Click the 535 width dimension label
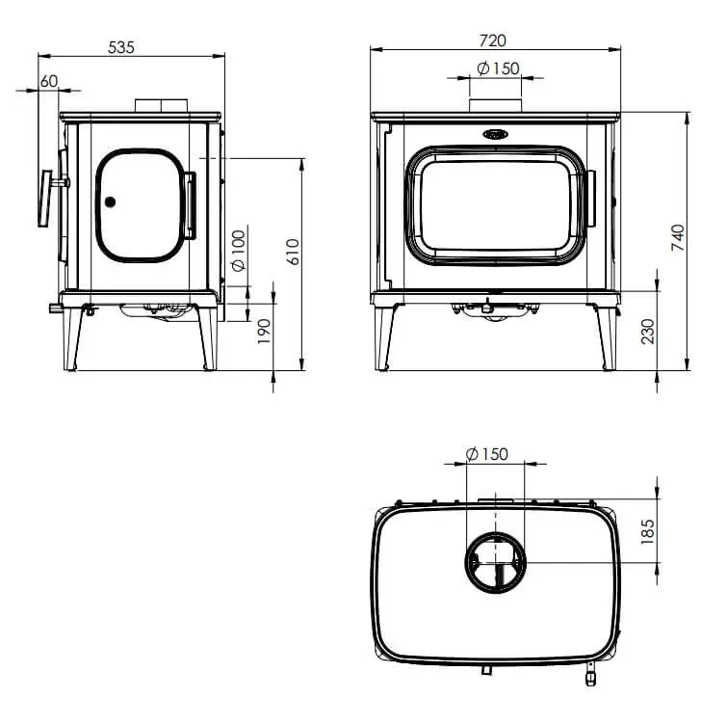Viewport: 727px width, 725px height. pos(121,47)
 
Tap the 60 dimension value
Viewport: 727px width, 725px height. pos(49,81)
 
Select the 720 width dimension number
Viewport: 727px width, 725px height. pos(492,40)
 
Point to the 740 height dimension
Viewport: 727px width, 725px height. pos(678,237)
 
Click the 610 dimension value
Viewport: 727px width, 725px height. pos(293,252)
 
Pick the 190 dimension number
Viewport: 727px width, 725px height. pos(264,332)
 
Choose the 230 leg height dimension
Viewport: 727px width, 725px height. pos(648,332)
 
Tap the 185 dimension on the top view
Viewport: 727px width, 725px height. pos(647,532)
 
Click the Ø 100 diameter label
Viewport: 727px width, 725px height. pos(238,251)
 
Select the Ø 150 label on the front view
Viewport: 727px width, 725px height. pos(499,68)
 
